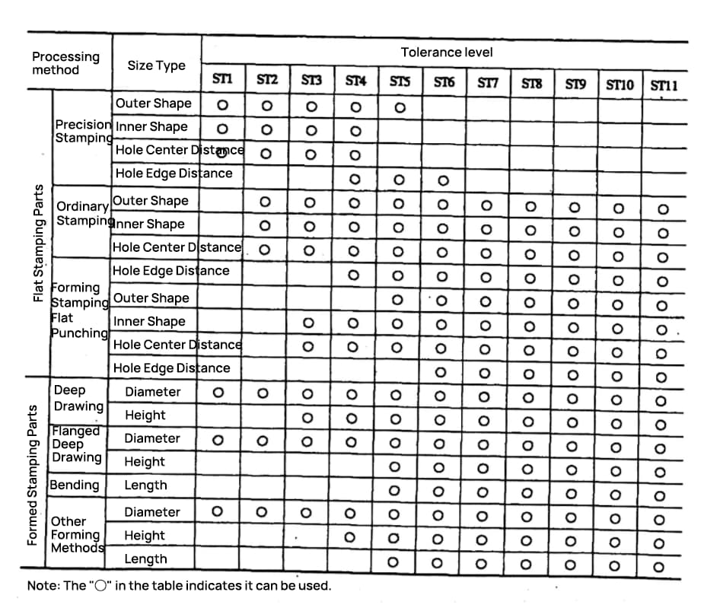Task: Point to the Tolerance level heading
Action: [x=446, y=52]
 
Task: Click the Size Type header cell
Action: [x=156, y=65]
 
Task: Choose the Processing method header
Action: [x=65, y=63]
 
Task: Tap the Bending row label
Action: [x=75, y=485]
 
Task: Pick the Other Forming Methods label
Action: [x=76, y=534]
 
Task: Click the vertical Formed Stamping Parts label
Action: [x=33, y=475]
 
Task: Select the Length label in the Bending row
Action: [x=145, y=485]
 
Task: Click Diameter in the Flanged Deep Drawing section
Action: [x=152, y=438]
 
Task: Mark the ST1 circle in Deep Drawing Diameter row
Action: [x=218, y=393]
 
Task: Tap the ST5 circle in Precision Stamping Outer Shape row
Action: [x=399, y=107]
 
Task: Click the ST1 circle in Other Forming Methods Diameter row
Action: [x=217, y=511]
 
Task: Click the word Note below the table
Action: [x=42, y=586]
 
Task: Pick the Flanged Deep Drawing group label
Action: [x=76, y=444]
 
